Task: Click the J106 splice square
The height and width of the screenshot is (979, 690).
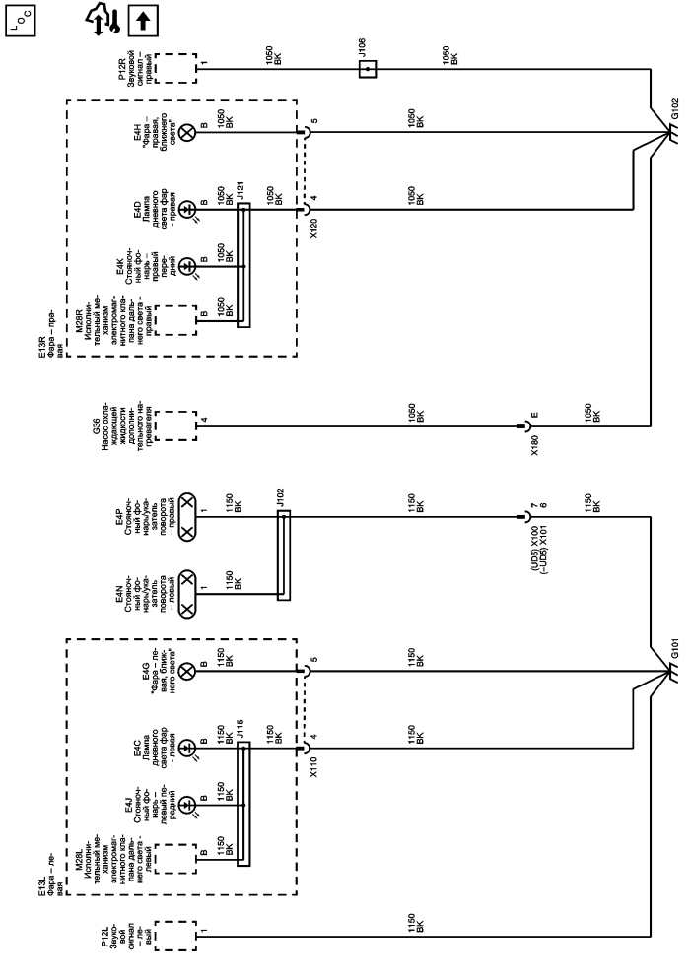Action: tap(368, 69)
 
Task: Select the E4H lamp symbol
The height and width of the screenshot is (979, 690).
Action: tap(187, 132)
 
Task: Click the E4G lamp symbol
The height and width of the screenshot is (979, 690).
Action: tap(187, 672)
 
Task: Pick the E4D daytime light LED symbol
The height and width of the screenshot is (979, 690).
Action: tap(187, 209)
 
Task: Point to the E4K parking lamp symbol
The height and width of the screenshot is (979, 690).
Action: tap(187, 267)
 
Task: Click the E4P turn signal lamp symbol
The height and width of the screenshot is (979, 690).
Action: tap(187, 517)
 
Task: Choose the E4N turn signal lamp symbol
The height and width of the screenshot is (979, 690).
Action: tap(187, 594)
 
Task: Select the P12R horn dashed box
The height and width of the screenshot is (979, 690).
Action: tap(175, 69)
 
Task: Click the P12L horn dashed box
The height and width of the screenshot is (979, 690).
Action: tap(175, 936)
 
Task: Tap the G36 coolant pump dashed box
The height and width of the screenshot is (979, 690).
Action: tap(175, 425)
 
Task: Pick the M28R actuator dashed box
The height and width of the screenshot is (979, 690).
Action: tap(175, 320)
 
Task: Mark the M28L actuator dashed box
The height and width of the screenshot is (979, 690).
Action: tap(175, 860)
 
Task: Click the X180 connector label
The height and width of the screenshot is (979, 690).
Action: tap(535, 445)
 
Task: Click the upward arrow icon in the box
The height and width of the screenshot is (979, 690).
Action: tap(143, 22)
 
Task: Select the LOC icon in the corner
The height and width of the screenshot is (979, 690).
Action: tap(21, 20)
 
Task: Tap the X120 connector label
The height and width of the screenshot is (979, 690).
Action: tap(313, 228)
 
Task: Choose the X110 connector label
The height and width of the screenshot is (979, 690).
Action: tap(313, 767)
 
